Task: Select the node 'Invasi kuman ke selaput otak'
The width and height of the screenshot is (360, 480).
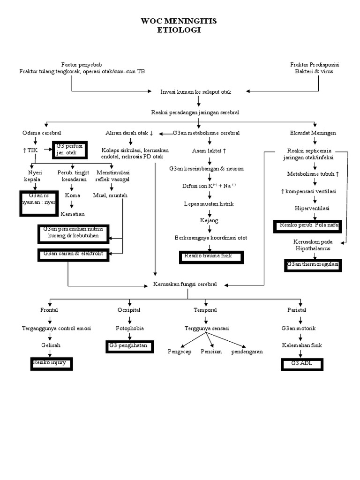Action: click(x=196, y=92)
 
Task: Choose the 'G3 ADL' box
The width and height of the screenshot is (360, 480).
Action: click(x=302, y=364)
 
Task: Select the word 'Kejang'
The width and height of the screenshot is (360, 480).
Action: click(x=209, y=220)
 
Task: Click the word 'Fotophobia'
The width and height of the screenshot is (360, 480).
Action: click(x=129, y=328)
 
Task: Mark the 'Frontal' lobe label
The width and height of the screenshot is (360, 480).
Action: click(x=50, y=310)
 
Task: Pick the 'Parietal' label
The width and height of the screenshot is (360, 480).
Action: click(x=297, y=310)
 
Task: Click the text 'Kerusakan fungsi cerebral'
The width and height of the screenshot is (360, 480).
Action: click(x=185, y=285)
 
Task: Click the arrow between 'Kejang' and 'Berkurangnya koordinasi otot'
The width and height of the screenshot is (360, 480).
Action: click(x=209, y=229)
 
